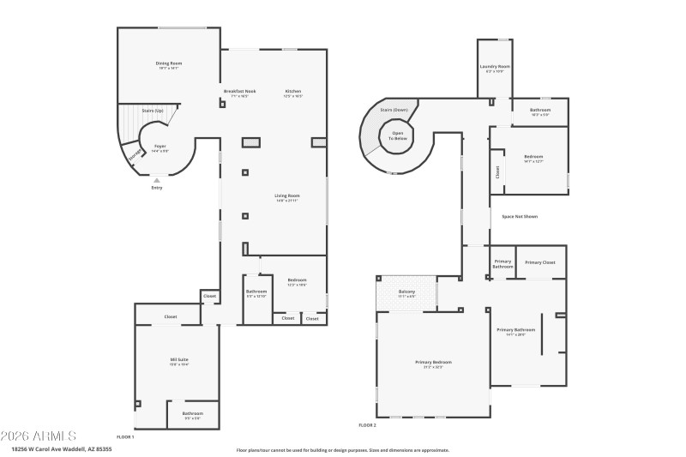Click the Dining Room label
pyautogui.click(x=169, y=64)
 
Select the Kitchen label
pyautogui.click(x=293, y=92)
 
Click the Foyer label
pyautogui.click(x=159, y=147)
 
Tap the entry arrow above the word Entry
pyautogui.click(x=156, y=180)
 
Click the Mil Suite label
pyautogui.click(x=179, y=361)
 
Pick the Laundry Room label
pyautogui.click(x=495, y=67)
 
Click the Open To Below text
pyautogui.click(x=399, y=135)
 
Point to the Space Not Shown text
pyautogui.click(x=520, y=216)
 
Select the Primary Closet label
pyautogui.click(x=540, y=262)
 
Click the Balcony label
pyautogui.click(x=406, y=292)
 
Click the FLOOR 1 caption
pyautogui.click(x=125, y=436)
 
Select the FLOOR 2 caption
pyautogui.click(x=367, y=424)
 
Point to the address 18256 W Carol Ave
pyautogui.click(x=48, y=448)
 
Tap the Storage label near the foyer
pyautogui.click(x=134, y=155)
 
